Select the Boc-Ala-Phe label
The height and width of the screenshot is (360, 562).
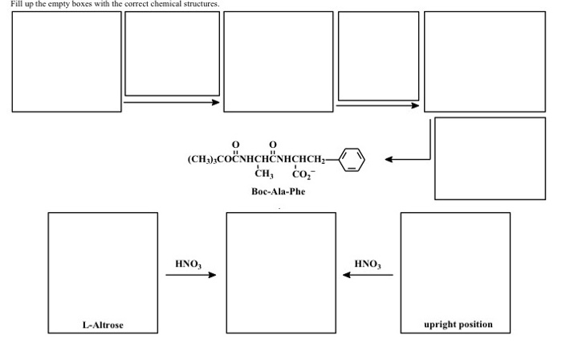[x=278, y=192]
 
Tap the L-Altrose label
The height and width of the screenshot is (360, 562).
[x=102, y=325]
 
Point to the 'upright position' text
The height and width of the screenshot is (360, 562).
[x=458, y=325]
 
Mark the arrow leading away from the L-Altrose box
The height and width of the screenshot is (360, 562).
[x=190, y=276]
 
